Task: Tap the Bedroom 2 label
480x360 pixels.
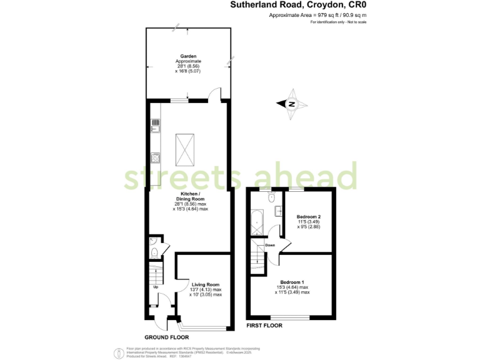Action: point(309,216)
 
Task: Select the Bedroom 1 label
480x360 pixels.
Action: point(292,282)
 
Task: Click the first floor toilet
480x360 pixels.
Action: point(270,197)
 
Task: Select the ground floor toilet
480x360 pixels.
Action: point(154,253)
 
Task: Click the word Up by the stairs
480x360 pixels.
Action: point(155,287)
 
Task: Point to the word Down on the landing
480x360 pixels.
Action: point(270,245)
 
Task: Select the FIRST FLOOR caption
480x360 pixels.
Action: point(264,326)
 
